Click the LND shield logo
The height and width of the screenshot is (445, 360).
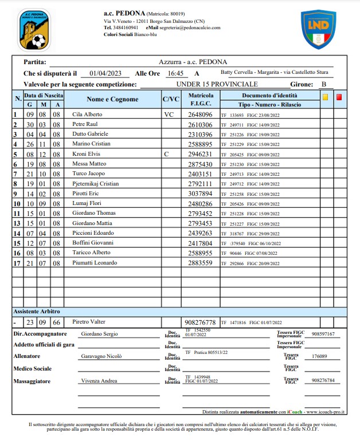[318, 29]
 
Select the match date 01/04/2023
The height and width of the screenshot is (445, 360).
[105, 73]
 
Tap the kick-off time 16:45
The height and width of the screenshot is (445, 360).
[175, 73]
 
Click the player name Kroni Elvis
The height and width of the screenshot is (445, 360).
[85, 154]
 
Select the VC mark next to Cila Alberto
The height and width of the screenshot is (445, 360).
[169, 115]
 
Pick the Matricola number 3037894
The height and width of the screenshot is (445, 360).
[201, 194]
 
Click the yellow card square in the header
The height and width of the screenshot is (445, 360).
[325, 97]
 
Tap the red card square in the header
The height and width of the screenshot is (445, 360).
[339, 97]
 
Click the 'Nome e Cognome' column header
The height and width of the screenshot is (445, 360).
[112, 99]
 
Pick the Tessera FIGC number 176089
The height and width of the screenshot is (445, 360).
[319, 356]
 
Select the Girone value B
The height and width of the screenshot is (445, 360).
[324, 84]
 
